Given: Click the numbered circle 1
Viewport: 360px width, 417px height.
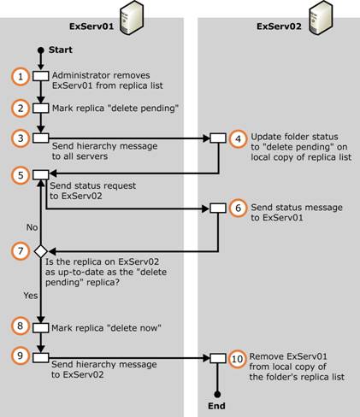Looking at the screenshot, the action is tap(21, 76).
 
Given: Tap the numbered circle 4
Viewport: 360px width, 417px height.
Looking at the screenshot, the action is tap(238, 138).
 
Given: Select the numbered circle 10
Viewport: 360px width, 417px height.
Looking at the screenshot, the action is tap(237, 359).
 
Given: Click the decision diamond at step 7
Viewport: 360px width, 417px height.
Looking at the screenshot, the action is tap(41, 251).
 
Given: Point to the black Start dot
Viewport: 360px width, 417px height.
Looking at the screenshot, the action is tap(41, 50).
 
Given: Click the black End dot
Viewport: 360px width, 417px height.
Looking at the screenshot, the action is tap(217, 395).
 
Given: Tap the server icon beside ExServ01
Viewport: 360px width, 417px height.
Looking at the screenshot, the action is tap(131, 18).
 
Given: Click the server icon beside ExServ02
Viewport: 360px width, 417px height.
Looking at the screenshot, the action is tap(321, 18).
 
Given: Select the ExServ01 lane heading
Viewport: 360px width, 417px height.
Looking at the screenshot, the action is tap(91, 26).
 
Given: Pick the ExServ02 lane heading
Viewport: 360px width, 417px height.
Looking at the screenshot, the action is tap(279, 26).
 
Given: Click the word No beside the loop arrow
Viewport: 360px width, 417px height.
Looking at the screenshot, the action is tap(32, 227).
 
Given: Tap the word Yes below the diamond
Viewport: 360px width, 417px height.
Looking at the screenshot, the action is tap(31, 296).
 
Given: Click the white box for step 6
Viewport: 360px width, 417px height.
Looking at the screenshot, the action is tap(218, 208).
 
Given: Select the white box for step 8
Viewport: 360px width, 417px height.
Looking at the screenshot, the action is tap(41, 328).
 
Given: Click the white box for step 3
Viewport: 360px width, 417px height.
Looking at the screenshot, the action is tap(41, 138).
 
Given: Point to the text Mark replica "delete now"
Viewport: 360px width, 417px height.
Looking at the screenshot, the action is tap(106, 328).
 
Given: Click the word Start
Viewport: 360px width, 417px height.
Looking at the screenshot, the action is tap(61, 50).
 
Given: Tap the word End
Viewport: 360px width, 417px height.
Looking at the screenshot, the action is tap(216, 406).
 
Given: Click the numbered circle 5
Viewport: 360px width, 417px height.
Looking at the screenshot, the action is tap(21, 175).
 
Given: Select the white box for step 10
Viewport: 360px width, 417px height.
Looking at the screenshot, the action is tap(218, 358).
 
